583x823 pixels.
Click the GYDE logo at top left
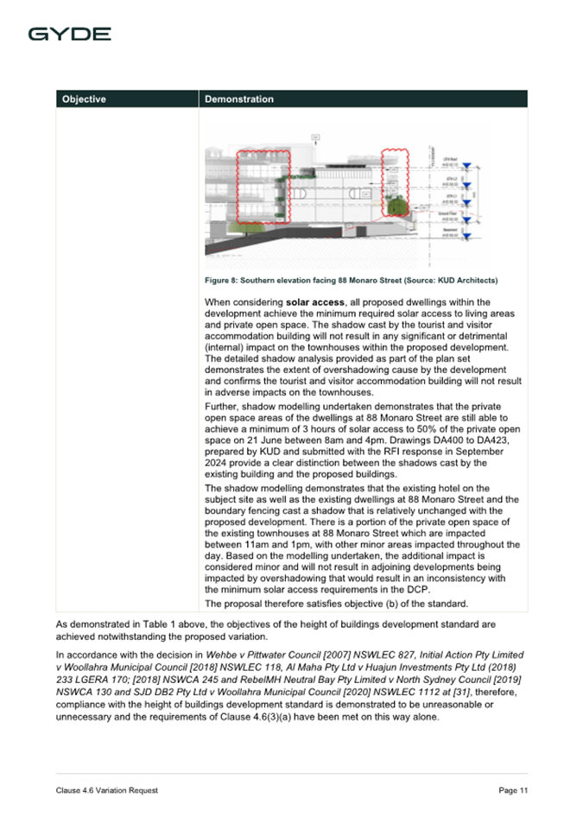pos(69,34)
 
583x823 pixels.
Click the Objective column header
pos(84,99)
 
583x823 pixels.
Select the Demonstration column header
pos(239,99)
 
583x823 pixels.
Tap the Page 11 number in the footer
pos(512,791)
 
